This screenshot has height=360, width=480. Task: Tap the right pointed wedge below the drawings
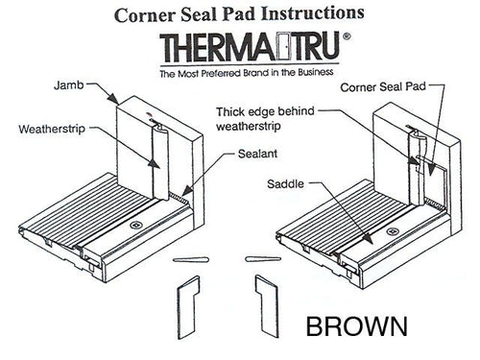coord(260,260)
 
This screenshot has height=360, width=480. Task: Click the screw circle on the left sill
coord(135,227)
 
